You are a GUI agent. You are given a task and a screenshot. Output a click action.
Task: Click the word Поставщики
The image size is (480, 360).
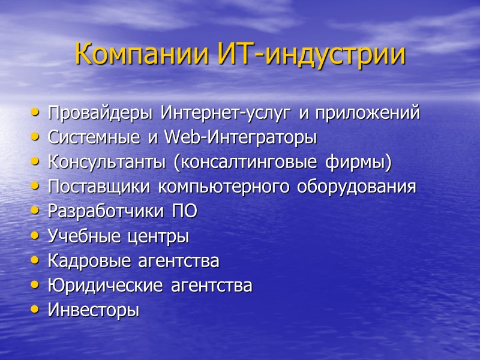tap(99, 187)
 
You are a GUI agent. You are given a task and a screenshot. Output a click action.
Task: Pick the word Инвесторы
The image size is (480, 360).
tap(93, 311)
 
